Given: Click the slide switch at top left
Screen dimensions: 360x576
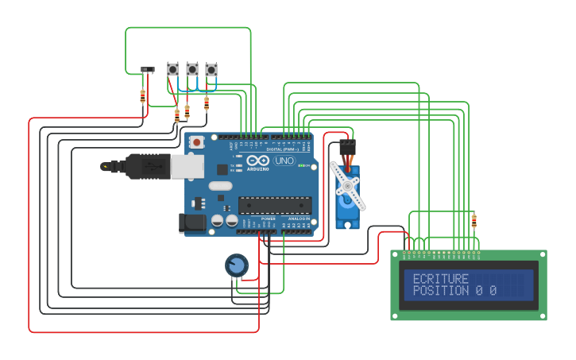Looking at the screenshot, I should point(148,71).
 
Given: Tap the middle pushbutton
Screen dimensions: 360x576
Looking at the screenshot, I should point(192,69).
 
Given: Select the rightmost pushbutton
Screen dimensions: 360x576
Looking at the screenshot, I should point(211,70).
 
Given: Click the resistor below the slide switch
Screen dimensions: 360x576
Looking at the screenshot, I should point(143,96).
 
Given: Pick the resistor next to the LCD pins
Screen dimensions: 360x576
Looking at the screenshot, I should point(474,221).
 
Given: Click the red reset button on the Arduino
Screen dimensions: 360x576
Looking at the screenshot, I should point(196,142).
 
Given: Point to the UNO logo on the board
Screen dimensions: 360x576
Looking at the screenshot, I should point(284,161).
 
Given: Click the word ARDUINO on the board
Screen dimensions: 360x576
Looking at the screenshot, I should point(257,168).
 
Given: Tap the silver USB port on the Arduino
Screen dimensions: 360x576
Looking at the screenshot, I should point(187,167).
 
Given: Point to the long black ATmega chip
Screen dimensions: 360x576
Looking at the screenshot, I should point(275,205).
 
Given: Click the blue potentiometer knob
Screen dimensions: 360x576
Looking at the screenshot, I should point(237,265).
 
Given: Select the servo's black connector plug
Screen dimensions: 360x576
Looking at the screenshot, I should point(348,148).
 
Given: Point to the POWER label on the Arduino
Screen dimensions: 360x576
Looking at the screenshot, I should point(268,219).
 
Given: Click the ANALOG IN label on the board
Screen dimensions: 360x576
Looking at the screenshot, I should point(299,219).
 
